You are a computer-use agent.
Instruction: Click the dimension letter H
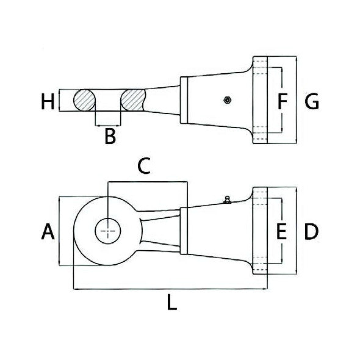click(48, 101)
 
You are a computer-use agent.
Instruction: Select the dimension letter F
click(281, 101)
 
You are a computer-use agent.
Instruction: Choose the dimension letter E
click(281, 232)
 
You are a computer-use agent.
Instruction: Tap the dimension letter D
click(311, 232)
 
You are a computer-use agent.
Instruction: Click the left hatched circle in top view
click(85, 99)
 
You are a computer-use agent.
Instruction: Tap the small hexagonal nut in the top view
click(226, 100)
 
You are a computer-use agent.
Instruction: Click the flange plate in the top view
click(261, 100)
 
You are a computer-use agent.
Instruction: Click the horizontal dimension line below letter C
click(146, 181)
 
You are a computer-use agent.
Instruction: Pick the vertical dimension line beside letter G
click(296, 100)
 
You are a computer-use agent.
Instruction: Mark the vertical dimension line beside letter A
click(59, 231)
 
